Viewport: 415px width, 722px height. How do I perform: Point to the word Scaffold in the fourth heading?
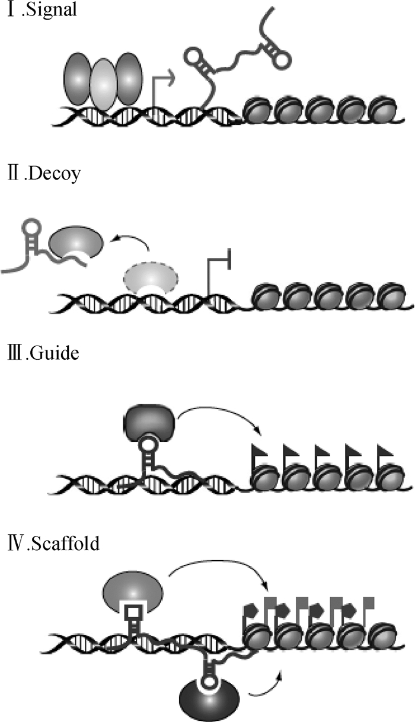click(66, 541)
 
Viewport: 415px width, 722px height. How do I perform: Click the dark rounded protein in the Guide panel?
click(151, 422)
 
